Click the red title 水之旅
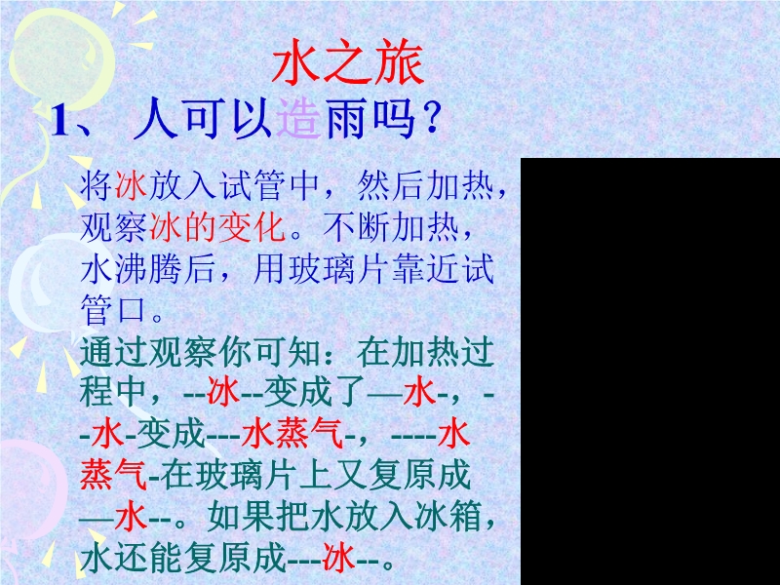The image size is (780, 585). click(x=348, y=61)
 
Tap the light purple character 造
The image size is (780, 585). click(x=298, y=118)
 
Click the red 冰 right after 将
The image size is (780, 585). click(x=131, y=186)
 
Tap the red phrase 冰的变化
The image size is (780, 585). click(x=217, y=228)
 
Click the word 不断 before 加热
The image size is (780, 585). click(x=356, y=228)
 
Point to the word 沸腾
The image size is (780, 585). click(x=148, y=269)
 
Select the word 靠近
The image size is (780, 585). click(x=425, y=269)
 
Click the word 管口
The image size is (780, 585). click(x=113, y=310)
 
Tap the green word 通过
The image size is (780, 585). click(x=113, y=352)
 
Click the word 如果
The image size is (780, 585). click(x=241, y=518)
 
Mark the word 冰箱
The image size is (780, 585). click(x=449, y=518)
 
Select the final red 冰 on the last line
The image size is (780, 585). click(x=338, y=557)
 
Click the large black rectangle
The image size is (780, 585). click(x=650, y=371)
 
